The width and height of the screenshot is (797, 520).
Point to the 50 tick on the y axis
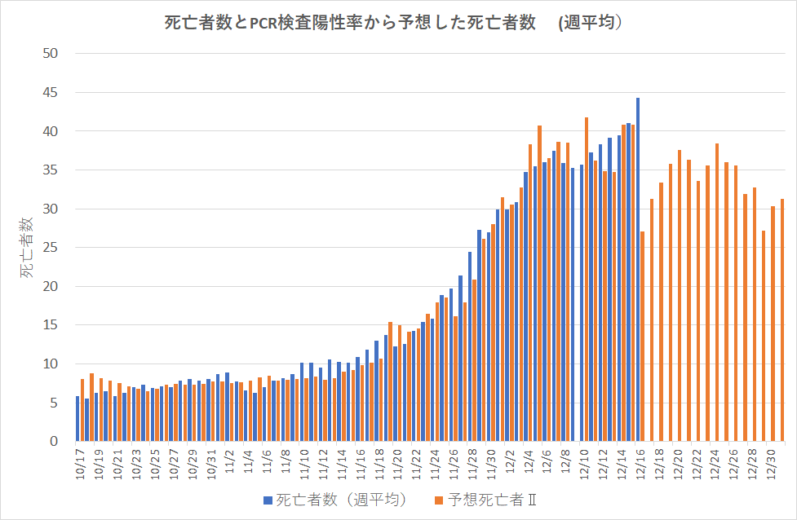tap(51, 54)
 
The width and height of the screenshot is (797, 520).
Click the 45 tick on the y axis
tap(51, 93)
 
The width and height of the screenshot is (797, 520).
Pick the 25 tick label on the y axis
tap(51, 248)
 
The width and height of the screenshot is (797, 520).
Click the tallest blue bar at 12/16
tap(637, 269)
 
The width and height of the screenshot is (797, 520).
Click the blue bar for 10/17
tap(77, 419)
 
